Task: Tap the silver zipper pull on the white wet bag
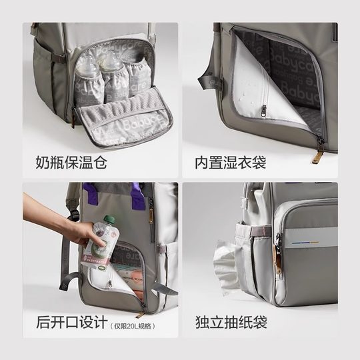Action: tap(263, 110)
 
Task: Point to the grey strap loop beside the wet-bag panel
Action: tap(205, 83)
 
